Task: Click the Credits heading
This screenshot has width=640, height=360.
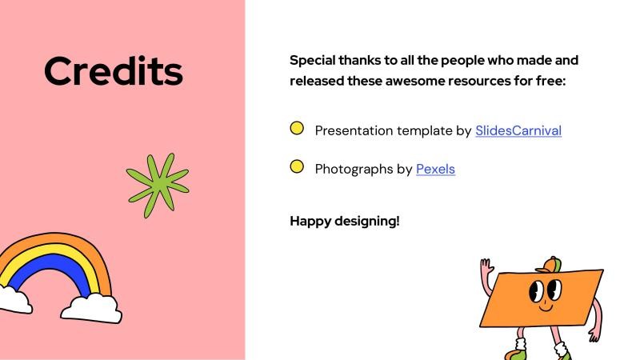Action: tap(114, 71)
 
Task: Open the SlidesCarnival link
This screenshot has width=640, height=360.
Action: tap(518, 130)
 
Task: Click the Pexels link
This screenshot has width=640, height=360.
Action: tap(435, 169)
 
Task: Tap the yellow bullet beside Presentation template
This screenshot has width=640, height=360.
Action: tap(297, 128)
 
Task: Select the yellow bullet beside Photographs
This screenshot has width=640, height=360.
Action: tap(297, 166)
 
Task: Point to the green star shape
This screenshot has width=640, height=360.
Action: tap(157, 184)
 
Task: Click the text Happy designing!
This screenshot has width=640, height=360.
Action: tap(344, 221)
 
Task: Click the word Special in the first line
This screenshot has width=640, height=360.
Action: tap(314, 60)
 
